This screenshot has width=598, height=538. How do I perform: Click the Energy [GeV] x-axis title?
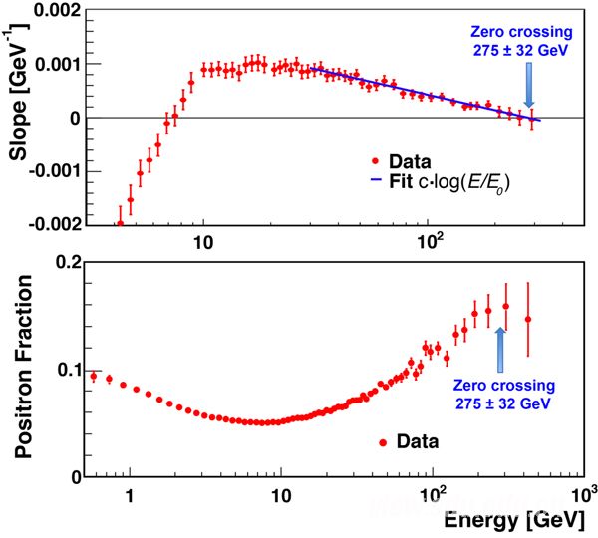click(524, 520)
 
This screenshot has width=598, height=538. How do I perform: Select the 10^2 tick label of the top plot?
click(431, 242)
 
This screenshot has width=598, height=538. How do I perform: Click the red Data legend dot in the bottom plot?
click(383, 440)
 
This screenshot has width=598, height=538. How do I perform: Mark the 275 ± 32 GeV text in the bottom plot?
click(500, 403)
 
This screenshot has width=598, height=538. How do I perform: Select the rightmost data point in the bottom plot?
click(528, 319)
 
